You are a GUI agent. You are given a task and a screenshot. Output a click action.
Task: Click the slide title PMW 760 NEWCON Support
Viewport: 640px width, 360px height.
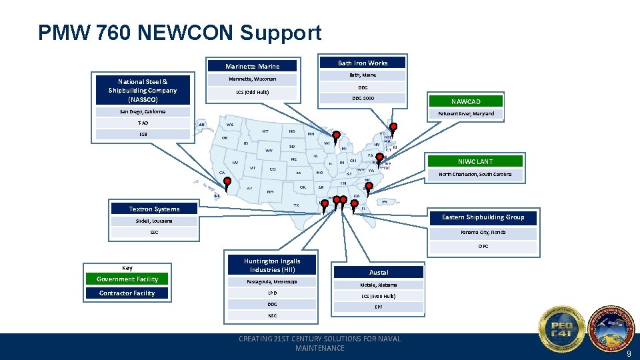(179, 33)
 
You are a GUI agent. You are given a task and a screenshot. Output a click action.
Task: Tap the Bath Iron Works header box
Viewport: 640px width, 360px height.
(363, 63)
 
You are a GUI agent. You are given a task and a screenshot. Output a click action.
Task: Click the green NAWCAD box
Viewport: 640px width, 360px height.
(465, 101)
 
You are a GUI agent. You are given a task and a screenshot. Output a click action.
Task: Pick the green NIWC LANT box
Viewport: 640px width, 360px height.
(475, 161)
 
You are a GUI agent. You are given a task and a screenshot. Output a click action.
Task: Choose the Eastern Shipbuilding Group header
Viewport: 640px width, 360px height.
(483, 217)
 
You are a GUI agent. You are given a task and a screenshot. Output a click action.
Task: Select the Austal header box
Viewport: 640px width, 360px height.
(379, 272)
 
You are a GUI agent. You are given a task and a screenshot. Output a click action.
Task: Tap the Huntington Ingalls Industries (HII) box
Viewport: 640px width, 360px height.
(272, 265)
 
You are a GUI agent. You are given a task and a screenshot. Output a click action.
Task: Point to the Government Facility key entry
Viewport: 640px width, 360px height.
(127, 279)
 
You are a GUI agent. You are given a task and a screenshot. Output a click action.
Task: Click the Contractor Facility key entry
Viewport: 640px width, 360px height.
(127, 293)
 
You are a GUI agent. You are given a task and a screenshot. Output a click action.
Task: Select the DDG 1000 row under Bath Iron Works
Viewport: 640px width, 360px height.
(363, 98)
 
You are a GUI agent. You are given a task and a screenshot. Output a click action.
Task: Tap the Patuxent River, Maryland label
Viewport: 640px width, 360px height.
(466, 113)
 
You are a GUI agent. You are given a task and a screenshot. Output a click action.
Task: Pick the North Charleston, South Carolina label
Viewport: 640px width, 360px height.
(475, 174)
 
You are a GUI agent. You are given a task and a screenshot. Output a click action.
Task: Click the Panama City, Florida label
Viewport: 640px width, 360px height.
(483, 233)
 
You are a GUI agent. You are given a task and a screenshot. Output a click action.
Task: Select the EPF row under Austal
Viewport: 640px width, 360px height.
(379, 307)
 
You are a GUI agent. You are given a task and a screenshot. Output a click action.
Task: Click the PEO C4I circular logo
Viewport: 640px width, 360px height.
(561, 329)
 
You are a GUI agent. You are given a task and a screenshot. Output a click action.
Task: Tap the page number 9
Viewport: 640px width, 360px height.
(627, 353)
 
